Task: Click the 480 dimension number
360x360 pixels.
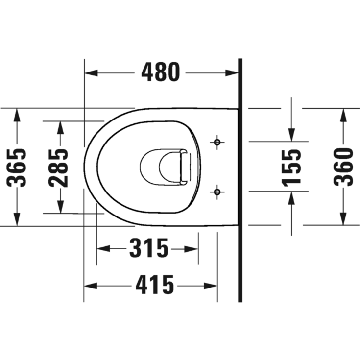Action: (x=161, y=72)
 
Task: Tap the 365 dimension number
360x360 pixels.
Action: (x=17, y=168)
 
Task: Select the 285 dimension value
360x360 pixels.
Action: (x=59, y=168)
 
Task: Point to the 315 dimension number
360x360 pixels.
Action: (x=149, y=248)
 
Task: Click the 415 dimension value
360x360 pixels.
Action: (x=155, y=285)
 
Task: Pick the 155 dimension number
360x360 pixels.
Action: (x=291, y=168)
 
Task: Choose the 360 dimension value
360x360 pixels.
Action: (x=343, y=167)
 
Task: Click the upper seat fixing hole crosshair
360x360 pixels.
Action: (x=217, y=143)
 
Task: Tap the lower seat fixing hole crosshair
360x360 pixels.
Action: (x=217, y=192)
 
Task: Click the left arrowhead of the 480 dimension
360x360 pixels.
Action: (x=91, y=73)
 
